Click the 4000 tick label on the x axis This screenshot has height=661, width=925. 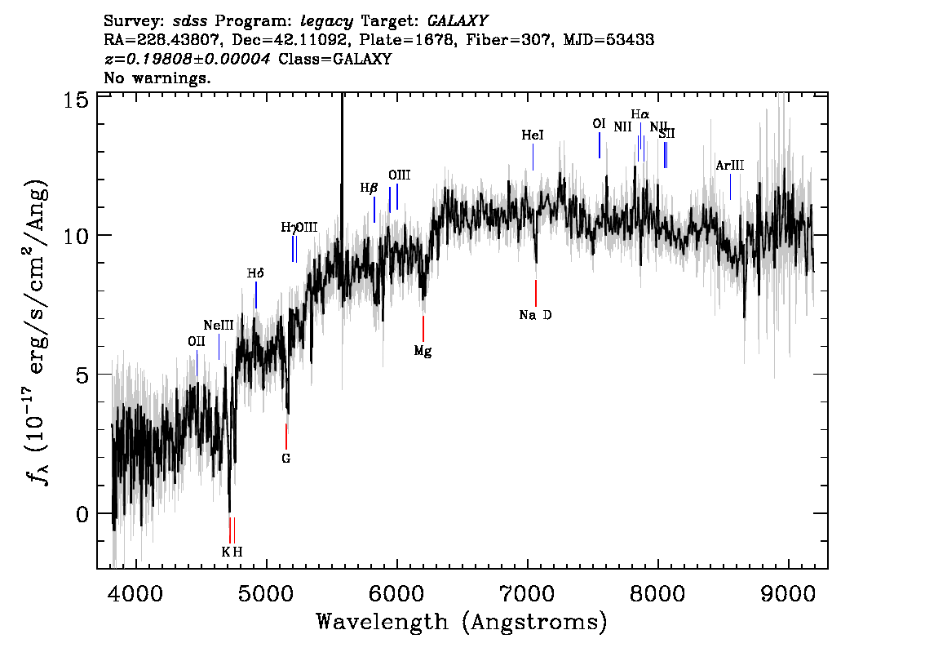point(135,592)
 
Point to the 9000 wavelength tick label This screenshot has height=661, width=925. point(789,592)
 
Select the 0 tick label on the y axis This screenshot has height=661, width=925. point(82,514)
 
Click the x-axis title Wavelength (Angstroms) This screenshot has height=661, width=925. point(462,623)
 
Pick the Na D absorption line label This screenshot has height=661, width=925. point(535,315)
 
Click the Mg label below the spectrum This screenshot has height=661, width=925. point(423,352)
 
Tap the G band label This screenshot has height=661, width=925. point(285,459)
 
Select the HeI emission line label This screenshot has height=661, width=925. point(532,135)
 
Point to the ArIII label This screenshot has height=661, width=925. point(729,166)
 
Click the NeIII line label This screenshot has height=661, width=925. point(219,325)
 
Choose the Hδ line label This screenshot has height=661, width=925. point(255,273)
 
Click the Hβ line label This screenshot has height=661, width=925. point(370,188)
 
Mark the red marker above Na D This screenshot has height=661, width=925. point(535,292)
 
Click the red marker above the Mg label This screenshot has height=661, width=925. point(423,328)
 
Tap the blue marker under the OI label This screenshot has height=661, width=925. point(600,145)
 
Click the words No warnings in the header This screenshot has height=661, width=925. point(157,78)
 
